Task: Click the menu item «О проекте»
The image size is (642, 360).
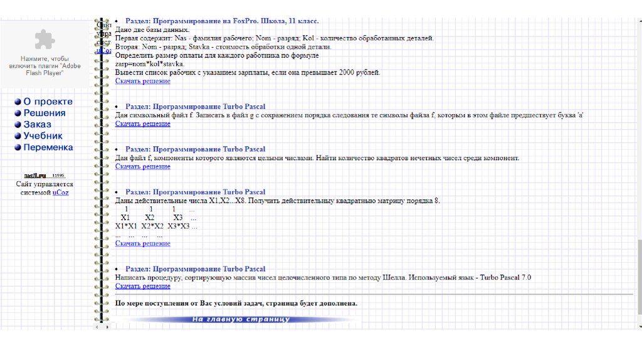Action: coord(48,102)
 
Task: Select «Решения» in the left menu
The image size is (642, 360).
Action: coord(45,113)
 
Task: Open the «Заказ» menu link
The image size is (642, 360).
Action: coord(37,125)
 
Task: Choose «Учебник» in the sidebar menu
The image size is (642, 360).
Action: coord(43,136)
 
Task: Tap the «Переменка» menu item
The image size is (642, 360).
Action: coord(48,147)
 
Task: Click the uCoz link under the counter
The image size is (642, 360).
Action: coord(61,193)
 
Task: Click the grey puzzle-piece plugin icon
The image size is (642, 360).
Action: coord(45,40)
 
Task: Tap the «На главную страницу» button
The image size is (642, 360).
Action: coord(241,320)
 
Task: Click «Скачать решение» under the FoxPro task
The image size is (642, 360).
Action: coord(142,81)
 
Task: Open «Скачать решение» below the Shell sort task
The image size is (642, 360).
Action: coord(142,286)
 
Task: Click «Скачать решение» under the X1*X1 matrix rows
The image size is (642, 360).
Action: coord(142,243)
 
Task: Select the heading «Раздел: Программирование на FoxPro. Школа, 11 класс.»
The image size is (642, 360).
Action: coord(222,21)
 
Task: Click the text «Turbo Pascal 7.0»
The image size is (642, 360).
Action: coord(505,277)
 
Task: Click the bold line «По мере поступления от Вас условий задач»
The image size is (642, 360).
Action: coord(236,304)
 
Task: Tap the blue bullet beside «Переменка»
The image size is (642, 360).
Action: coord(18,148)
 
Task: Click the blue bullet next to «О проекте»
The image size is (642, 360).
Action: coord(18,102)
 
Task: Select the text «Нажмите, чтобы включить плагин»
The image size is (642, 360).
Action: coord(45,61)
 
